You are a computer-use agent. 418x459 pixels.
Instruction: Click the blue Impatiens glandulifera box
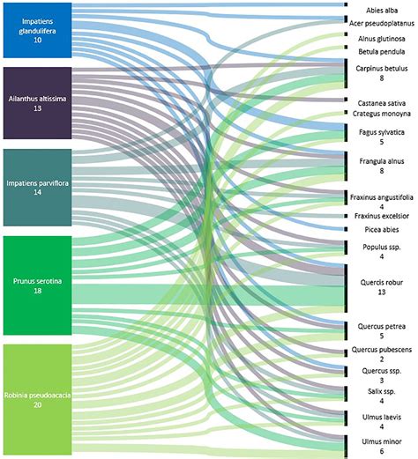pos(37,30)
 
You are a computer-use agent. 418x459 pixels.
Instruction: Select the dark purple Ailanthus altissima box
pos(37,103)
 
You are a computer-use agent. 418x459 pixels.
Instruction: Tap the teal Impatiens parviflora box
pos(37,188)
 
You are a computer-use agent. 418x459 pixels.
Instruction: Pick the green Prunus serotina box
pos(37,285)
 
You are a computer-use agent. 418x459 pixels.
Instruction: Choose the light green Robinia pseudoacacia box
pos(37,400)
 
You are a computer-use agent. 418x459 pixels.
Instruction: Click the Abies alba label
pos(382,11)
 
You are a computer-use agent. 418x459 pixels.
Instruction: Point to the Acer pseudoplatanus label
pos(382,24)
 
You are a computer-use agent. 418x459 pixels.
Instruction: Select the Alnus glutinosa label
pos(382,39)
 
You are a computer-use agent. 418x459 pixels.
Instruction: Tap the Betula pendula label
pos(382,52)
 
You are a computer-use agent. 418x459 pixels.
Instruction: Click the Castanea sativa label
pos(382,103)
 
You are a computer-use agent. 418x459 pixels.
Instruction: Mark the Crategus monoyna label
pos(382,114)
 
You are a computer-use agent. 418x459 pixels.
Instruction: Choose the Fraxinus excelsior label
pos(382,216)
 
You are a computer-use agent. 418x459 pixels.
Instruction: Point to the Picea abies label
pos(382,230)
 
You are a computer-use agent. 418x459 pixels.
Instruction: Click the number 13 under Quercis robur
pos(382,292)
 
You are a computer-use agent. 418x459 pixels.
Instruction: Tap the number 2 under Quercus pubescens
pos(382,359)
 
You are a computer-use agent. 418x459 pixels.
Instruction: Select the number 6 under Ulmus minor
pos(382,451)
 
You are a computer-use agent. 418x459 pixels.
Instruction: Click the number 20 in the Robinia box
pos(37,405)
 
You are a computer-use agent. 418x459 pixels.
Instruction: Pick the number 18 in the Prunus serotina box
pos(37,291)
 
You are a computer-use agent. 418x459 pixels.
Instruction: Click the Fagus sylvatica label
pos(382,132)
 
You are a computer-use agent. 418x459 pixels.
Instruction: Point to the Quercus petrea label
pos(382,327)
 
